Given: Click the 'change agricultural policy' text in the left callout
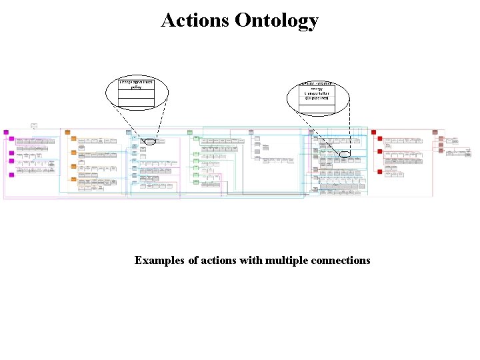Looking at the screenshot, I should pos(136,83).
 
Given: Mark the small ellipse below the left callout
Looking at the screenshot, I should pos(150,141).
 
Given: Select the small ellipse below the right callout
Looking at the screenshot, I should pos(344,154).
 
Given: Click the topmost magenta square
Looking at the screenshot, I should pos(6,132).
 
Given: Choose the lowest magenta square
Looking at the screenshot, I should pos(11,175).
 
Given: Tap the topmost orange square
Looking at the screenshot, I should pos(67,132).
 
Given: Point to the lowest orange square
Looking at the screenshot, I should pos(73,180).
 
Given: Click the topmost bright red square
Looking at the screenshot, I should pos(374,132).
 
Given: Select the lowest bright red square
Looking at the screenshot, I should pos(379,171).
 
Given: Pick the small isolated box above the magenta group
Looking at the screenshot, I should pos(34,125).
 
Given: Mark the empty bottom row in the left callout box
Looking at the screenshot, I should pos(136,103).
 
